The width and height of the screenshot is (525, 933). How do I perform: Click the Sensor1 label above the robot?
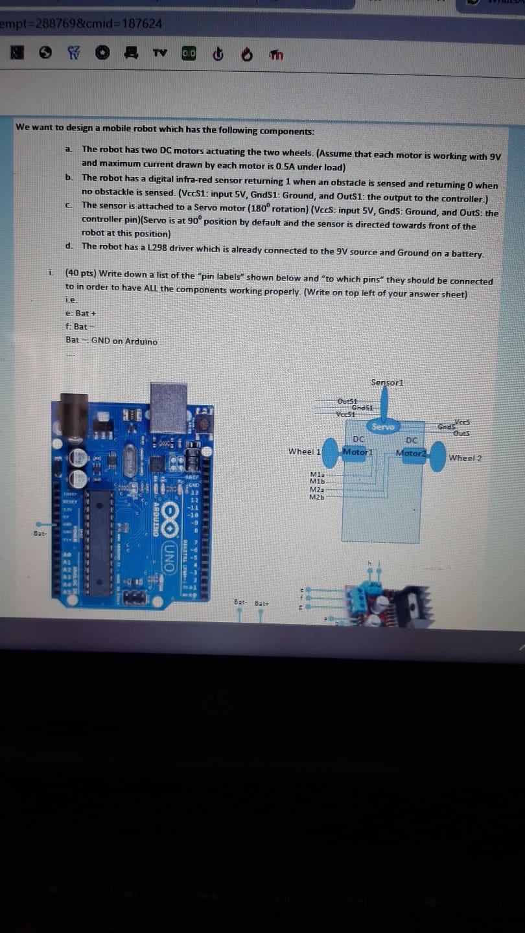pos(387,382)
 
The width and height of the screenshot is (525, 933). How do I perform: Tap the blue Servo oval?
pos(384,426)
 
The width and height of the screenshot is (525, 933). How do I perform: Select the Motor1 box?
pos(357,451)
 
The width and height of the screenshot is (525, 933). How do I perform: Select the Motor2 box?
pos(411,452)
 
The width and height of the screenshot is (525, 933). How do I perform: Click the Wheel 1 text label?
pos(305,451)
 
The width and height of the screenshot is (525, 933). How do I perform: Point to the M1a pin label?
pos(317,475)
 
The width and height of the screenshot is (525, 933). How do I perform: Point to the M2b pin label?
pos(317,497)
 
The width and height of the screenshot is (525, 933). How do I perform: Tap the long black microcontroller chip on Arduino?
pos(100,542)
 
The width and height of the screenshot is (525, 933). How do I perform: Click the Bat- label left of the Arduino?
pos(40,534)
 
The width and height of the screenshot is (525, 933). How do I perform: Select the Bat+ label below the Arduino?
pos(262,603)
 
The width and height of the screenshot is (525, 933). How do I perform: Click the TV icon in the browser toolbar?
pos(159,54)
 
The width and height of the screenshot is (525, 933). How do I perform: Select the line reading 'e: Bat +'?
pos(81,313)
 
